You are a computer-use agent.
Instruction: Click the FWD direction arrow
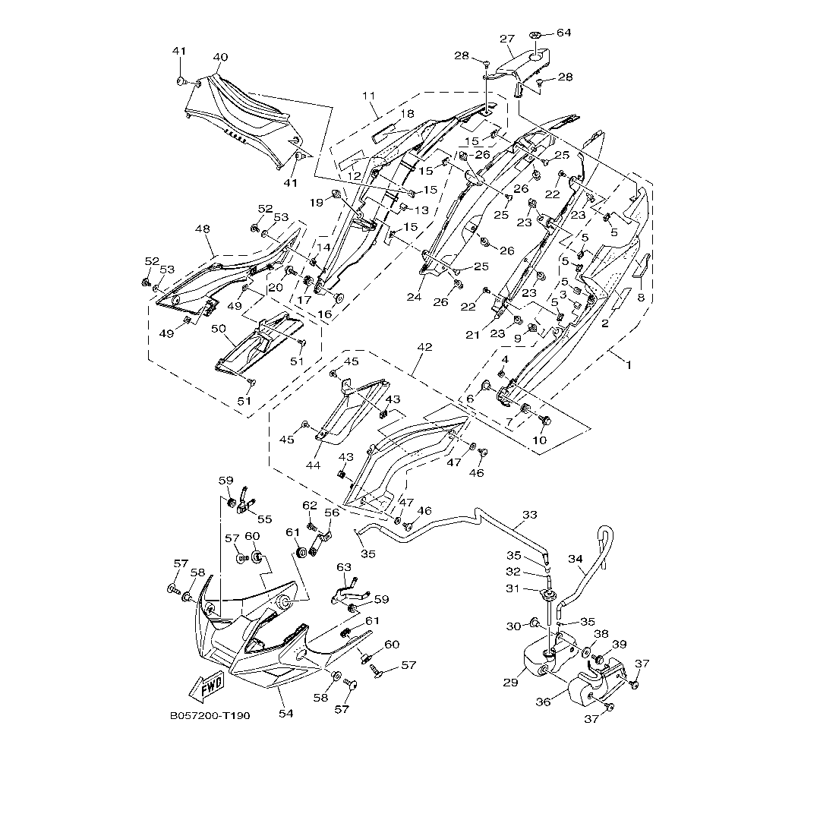click(x=207, y=686)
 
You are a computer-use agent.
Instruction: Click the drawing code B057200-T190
click(x=210, y=715)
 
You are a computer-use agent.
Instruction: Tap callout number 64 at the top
click(x=563, y=33)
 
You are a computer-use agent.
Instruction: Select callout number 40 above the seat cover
click(x=221, y=57)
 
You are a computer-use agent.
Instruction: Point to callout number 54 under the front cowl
click(x=285, y=713)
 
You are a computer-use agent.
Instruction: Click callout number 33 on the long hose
click(x=530, y=515)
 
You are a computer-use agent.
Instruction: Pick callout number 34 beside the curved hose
click(x=576, y=559)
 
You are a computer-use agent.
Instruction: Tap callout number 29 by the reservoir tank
click(x=510, y=683)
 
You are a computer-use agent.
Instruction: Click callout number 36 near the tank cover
click(x=544, y=702)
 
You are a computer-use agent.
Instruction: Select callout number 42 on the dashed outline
click(x=424, y=347)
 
